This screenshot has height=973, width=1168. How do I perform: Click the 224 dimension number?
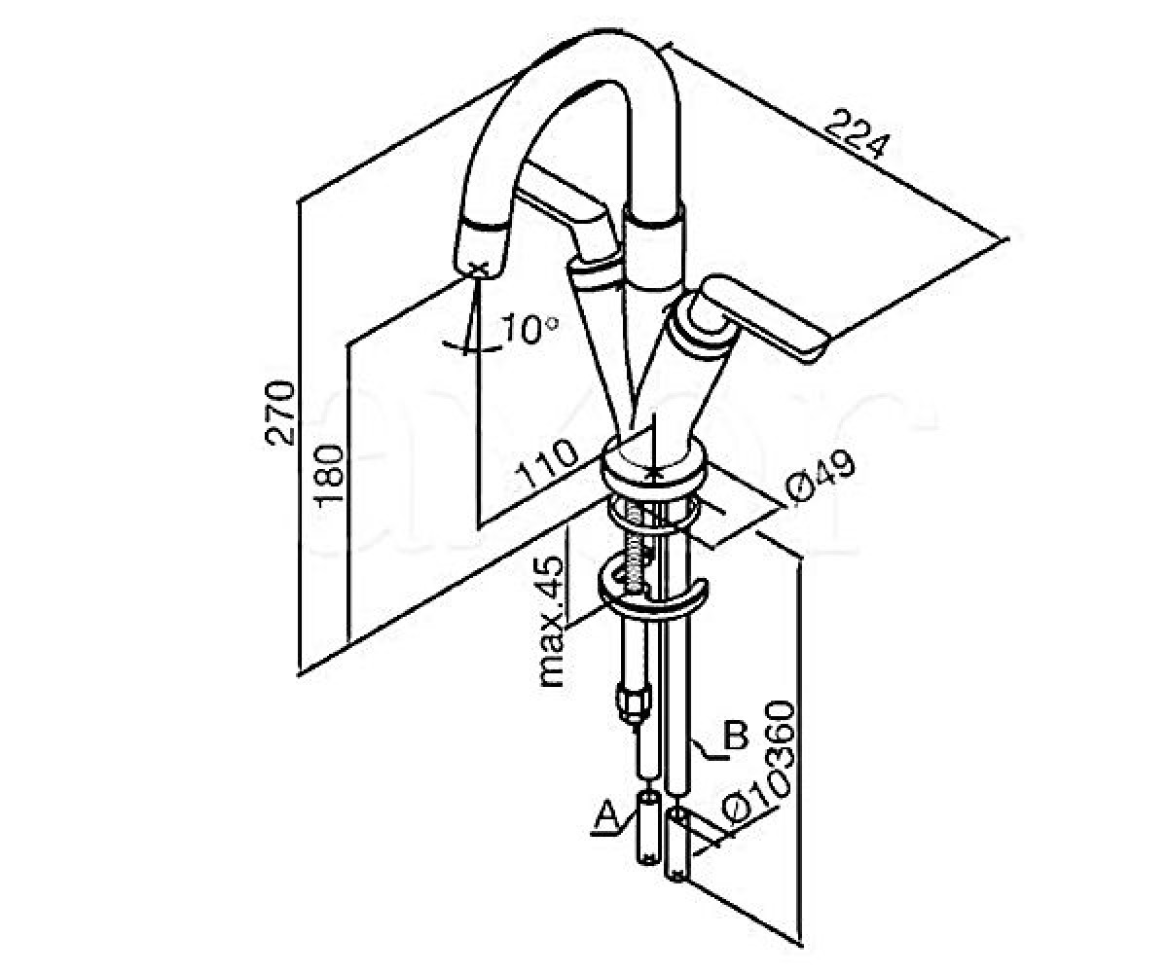click(857, 135)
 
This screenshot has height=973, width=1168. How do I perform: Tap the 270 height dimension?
click(279, 413)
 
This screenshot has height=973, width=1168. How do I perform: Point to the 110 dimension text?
click(546, 463)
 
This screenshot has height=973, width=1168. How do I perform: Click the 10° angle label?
click(529, 329)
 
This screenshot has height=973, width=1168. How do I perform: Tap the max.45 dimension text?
click(551, 621)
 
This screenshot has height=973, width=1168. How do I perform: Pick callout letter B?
click(736, 736)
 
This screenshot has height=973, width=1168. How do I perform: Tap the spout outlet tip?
click(480, 249)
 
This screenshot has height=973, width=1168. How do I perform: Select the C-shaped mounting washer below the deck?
click(652, 595)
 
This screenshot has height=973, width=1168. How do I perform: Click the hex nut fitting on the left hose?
click(633, 702)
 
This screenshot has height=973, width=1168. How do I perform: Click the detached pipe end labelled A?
click(648, 829)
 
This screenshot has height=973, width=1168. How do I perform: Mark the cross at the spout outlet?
click(481, 269)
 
